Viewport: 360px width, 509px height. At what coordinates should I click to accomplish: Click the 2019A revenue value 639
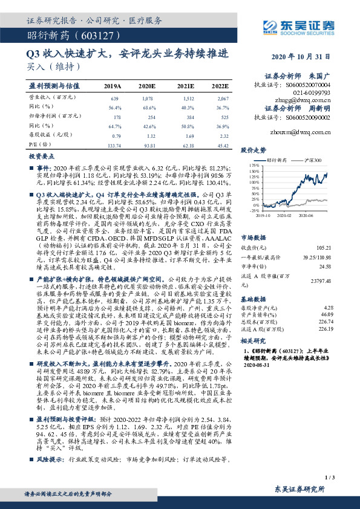click(114, 98)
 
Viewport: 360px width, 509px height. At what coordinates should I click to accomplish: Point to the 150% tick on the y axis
click(253, 169)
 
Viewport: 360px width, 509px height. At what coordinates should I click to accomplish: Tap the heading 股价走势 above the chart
click(254, 149)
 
